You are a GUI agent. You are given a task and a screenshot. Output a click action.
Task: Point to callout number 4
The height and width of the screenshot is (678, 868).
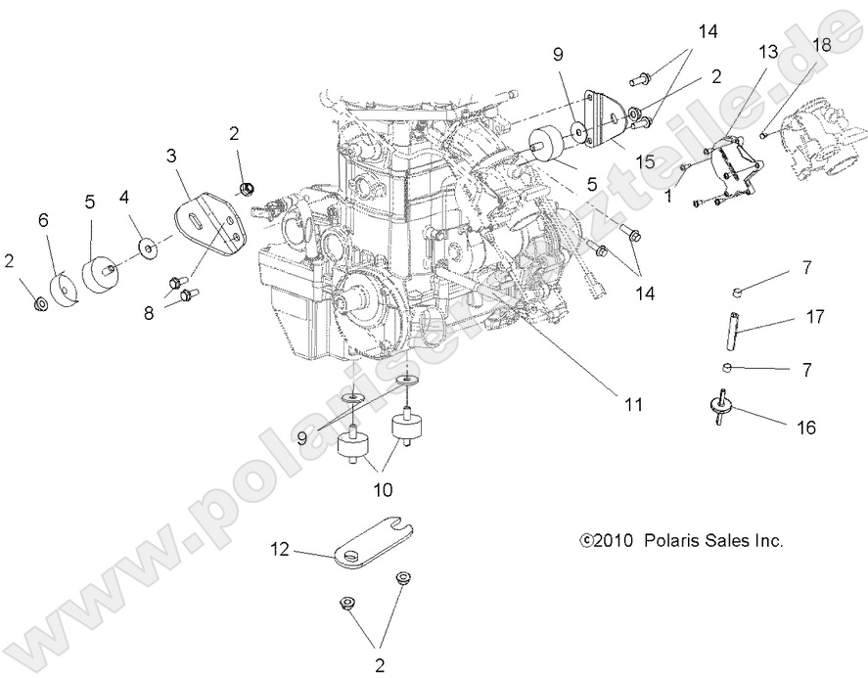point(124,196)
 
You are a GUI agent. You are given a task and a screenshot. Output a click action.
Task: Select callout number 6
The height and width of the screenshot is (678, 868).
point(43,221)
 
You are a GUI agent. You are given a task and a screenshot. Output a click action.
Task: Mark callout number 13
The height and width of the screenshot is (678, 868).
point(765,51)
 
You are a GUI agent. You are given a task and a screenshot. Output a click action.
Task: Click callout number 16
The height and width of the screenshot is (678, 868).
point(805,427)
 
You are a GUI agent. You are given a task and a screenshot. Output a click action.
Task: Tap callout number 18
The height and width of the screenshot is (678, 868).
point(820,44)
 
